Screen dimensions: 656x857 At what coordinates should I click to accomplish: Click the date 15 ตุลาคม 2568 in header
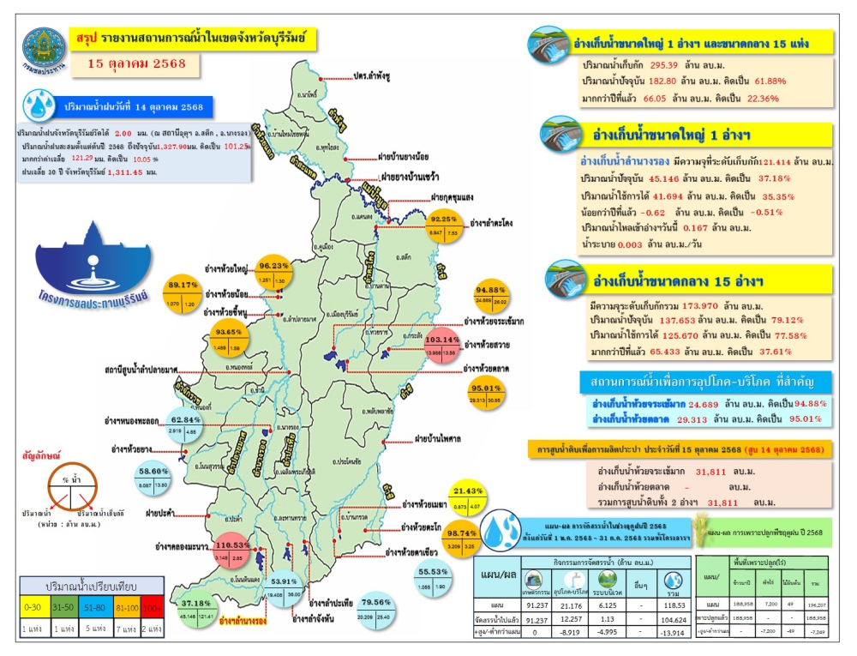point(137,63)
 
